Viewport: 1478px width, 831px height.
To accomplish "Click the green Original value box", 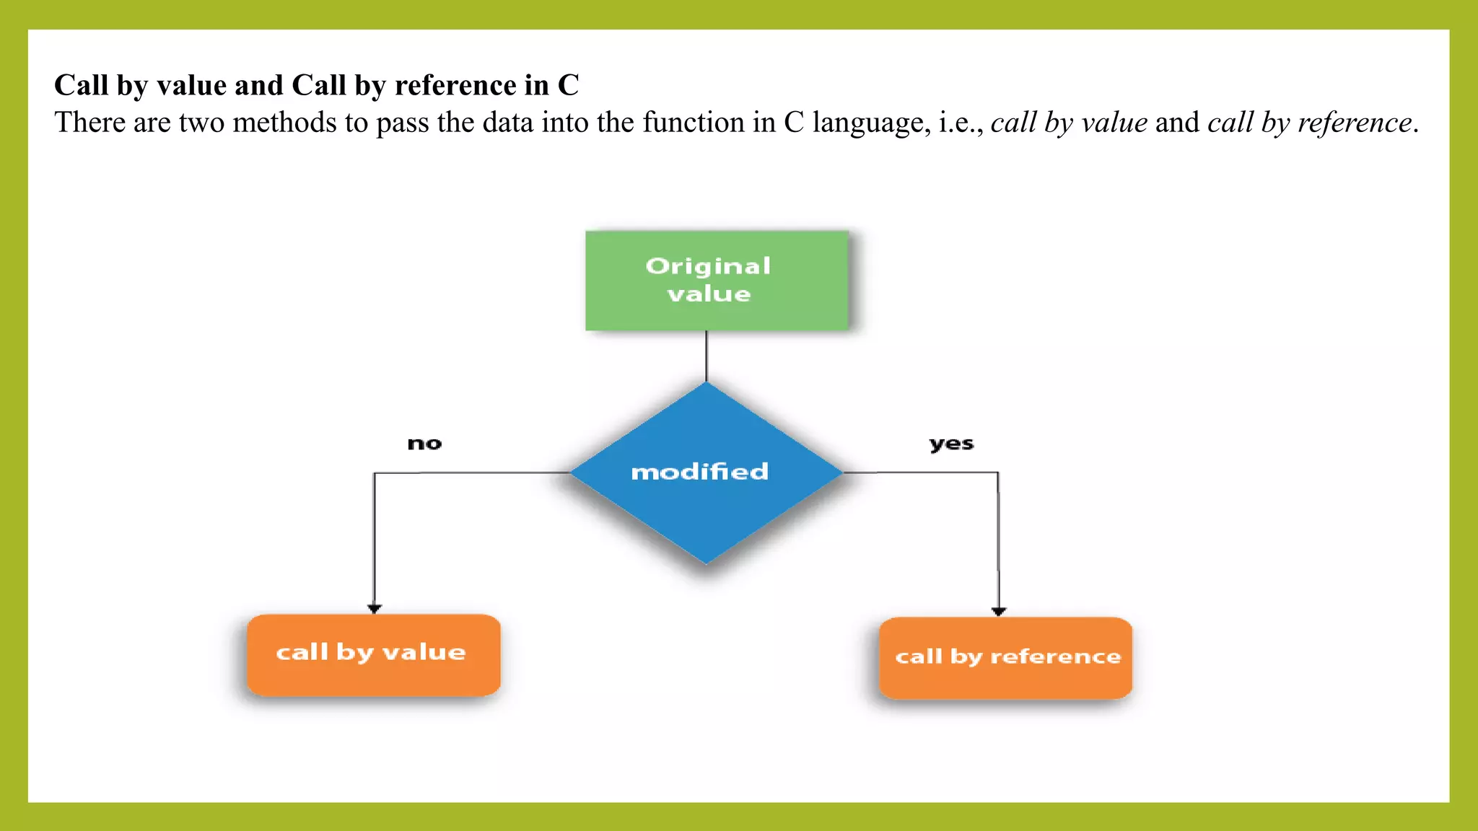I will coord(717,281).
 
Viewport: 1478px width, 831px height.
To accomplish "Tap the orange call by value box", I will coord(373,655).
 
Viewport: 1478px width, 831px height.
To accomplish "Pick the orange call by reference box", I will coord(1005,658).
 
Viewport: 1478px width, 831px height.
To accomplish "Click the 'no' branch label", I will coord(424,444).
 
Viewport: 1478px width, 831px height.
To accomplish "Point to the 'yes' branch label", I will coord(951,444).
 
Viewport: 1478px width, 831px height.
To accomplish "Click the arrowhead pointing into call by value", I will coord(374,609).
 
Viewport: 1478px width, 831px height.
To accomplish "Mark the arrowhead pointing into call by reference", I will coord(999,611).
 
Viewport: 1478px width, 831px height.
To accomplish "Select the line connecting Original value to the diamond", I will coord(707,356).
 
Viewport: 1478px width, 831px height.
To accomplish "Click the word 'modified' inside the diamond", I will coord(699,472).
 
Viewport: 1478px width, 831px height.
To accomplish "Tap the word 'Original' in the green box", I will coord(708,266).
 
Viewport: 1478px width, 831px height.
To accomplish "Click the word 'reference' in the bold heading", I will coord(455,85).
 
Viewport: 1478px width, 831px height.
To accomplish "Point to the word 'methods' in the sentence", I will coord(284,123).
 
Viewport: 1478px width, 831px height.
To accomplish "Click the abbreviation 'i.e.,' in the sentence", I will coord(961,123).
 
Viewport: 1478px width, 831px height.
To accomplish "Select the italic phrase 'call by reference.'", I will coord(1313,123).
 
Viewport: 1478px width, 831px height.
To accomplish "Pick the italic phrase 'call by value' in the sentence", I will coord(1069,123).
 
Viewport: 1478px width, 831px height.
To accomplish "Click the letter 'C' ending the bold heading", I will coord(568,85).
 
